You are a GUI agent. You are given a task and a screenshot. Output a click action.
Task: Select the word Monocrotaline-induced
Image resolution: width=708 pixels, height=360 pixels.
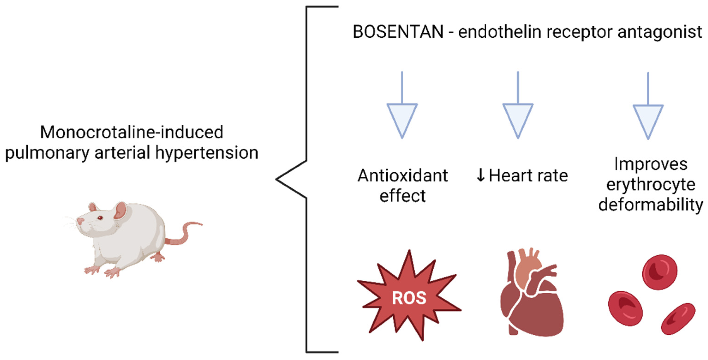(x=132, y=132)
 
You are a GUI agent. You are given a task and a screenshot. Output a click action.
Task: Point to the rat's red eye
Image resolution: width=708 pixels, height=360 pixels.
(x=100, y=218)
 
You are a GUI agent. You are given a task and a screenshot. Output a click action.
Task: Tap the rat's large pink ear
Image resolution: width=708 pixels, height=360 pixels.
(x=120, y=210)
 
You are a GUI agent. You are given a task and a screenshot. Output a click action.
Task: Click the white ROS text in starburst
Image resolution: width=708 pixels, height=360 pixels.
(x=409, y=298)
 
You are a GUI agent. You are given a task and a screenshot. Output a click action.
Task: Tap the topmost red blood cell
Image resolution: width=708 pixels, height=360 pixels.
(x=659, y=272)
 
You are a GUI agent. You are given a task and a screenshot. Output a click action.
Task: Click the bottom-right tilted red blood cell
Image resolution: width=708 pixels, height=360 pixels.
(x=678, y=319)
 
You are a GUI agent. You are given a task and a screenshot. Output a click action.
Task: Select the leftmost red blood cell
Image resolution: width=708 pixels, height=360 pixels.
(x=625, y=308)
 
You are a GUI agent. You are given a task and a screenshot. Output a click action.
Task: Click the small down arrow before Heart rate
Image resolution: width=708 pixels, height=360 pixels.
(x=480, y=176)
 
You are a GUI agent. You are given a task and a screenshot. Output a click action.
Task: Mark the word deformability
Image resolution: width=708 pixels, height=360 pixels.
(x=651, y=205)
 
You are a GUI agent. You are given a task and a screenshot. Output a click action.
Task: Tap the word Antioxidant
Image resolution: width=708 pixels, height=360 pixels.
(x=402, y=176)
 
